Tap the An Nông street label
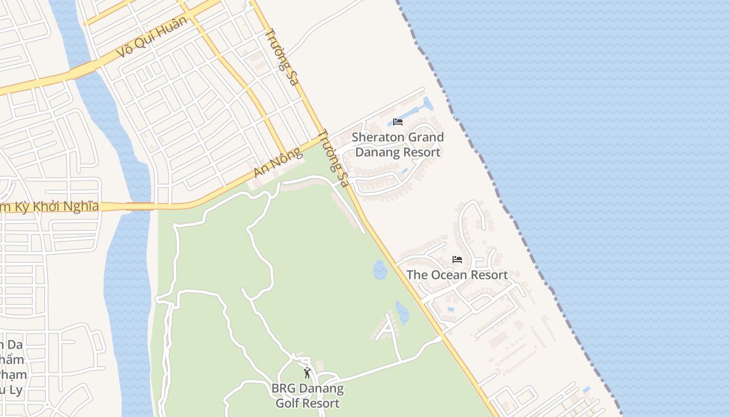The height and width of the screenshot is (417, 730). (x=277, y=163)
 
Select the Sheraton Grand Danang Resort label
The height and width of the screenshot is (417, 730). (x=398, y=144)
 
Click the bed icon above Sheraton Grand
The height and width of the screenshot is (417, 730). (x=398, y=122)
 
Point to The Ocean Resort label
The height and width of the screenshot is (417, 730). (x=457, y=275)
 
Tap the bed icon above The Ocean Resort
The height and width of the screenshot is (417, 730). (x=457, y=259)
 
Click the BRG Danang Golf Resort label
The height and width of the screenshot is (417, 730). (x=308, y=396)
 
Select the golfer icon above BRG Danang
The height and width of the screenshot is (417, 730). (x=307, y=373)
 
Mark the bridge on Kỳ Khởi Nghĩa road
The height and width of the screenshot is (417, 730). (x=140, y=206)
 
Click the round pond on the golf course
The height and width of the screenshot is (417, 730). (x=380, y=269)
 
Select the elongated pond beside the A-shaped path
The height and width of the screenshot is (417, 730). (x=402, y=313)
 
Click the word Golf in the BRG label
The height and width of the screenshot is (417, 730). (x=289, y=403)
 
